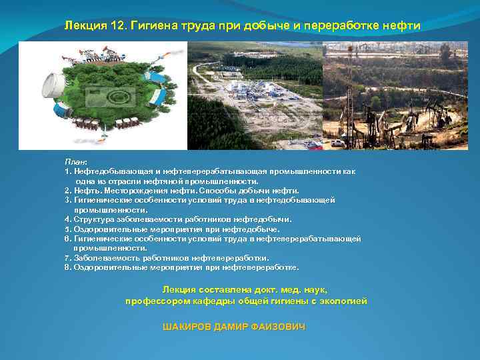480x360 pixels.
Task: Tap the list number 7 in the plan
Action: [67, 258]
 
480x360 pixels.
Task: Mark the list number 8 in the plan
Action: [67, 267]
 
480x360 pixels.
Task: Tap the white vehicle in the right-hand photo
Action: [339, 143]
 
